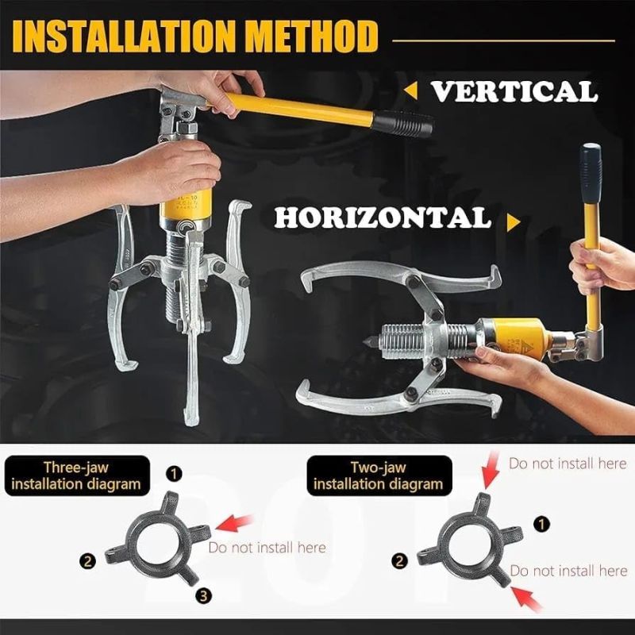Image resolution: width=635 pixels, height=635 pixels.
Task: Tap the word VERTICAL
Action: click(514, 91)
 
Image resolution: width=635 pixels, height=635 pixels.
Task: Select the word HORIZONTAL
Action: click(383, 217)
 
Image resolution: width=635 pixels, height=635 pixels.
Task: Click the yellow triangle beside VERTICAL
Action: click(411, 90)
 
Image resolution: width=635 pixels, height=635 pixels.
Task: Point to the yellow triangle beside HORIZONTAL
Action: click(513, 222)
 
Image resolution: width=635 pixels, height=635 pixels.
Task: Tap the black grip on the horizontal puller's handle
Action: click(591, 175)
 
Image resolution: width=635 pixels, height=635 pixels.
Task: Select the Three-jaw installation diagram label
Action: click(76, 475)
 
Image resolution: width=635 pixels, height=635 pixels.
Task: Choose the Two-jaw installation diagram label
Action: click(379, 475)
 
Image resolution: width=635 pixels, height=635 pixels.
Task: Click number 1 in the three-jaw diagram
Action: click(174, 473)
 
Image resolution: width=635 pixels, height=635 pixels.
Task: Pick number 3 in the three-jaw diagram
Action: click(203, 595)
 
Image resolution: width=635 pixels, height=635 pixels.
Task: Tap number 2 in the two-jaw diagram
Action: click(399, 561)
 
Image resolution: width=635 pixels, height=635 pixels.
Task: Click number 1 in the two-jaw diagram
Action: click(542, 525)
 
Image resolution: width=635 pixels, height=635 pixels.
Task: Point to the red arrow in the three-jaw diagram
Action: click(234, 523)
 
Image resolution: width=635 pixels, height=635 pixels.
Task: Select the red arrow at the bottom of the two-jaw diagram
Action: click(527, 598)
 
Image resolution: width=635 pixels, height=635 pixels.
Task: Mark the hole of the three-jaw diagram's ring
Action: click(157, 543)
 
